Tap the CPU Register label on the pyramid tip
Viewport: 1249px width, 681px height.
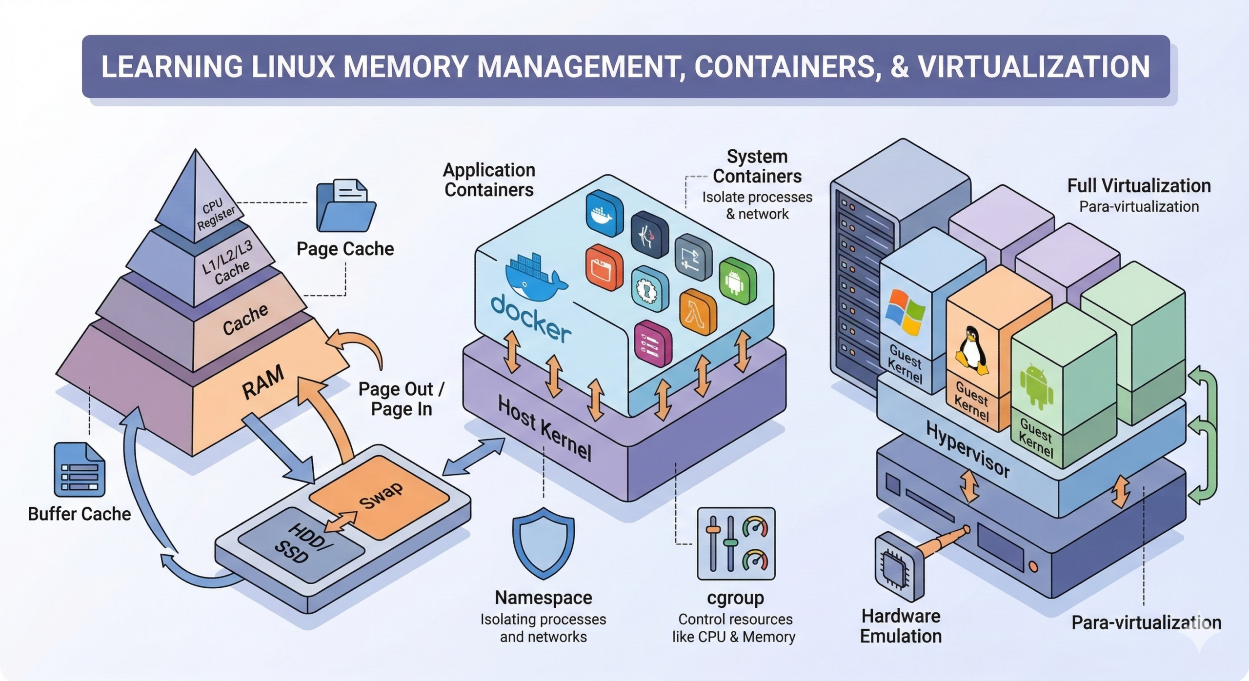215,214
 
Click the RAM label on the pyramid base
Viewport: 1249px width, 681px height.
263,383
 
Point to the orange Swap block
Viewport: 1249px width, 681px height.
380,496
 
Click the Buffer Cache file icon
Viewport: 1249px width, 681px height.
79,469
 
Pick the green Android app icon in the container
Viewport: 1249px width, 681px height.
737,282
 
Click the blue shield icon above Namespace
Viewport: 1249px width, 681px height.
543,542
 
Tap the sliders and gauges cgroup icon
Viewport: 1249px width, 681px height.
736,543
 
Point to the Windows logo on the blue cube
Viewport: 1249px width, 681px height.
905,312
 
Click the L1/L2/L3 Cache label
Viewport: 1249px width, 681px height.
228,263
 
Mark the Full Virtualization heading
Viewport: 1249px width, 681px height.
1139,186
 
